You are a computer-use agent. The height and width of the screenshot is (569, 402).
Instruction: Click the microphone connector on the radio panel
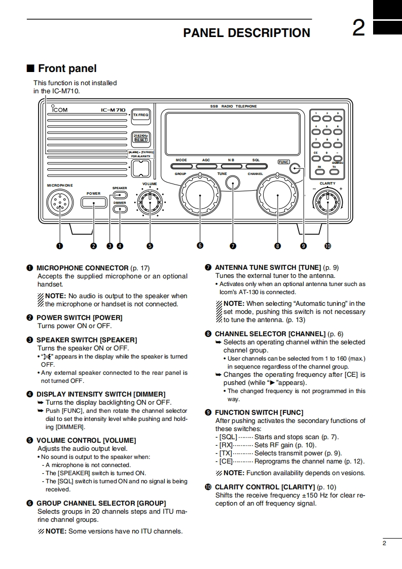pos(60,203)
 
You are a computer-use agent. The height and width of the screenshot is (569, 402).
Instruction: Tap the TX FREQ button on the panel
pos(141,116)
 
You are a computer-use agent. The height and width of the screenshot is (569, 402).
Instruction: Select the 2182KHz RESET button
pos(141,138)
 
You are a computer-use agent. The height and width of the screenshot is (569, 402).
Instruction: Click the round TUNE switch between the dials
pos(233,183)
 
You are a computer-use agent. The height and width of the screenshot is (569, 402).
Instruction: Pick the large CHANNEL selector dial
pos(277,196)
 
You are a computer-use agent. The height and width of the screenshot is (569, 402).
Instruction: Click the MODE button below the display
pos(181,166)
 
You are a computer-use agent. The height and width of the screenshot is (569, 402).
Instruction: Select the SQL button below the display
pos(256,166)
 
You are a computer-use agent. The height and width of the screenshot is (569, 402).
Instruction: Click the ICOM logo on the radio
pos(59,110)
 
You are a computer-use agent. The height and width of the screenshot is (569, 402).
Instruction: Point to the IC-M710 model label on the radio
pos(113,110)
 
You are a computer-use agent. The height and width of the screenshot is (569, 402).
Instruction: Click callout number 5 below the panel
pos(150,246)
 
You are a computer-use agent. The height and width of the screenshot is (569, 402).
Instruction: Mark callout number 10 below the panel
pos(327,246)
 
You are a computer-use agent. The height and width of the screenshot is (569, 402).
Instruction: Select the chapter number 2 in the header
pos(358,28)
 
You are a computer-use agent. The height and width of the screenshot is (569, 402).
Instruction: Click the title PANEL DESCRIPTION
pos(246,33)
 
